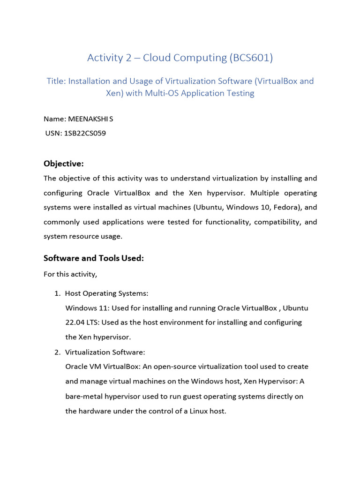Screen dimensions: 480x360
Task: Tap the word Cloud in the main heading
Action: point(157,58)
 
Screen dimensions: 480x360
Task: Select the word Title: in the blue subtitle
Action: point(56,81)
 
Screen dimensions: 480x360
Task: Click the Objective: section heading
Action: point(63,164)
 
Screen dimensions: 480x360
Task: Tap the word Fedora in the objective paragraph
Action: point(278,207)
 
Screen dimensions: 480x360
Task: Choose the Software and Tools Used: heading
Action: point(93,258)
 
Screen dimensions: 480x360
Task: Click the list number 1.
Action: point(57,293)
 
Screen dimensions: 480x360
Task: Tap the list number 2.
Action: point(57,352)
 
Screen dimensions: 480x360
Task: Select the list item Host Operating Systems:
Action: point(106,293)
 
